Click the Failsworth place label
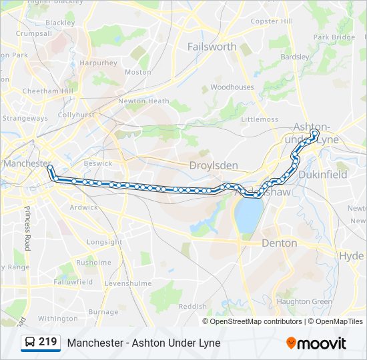pos(212,47)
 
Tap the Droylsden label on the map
pos(214,165)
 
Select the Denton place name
pos(280,243)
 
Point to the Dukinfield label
pos(324,175)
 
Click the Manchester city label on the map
pos(27,163)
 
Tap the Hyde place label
pos(351,256)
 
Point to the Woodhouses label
pos(232,87)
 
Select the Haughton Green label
pos(304,301)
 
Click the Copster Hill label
pos(272,21)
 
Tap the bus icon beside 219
pos(30,343)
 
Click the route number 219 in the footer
pos(47,343)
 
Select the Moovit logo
pos(316,343)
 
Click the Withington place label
pos(58,319)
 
